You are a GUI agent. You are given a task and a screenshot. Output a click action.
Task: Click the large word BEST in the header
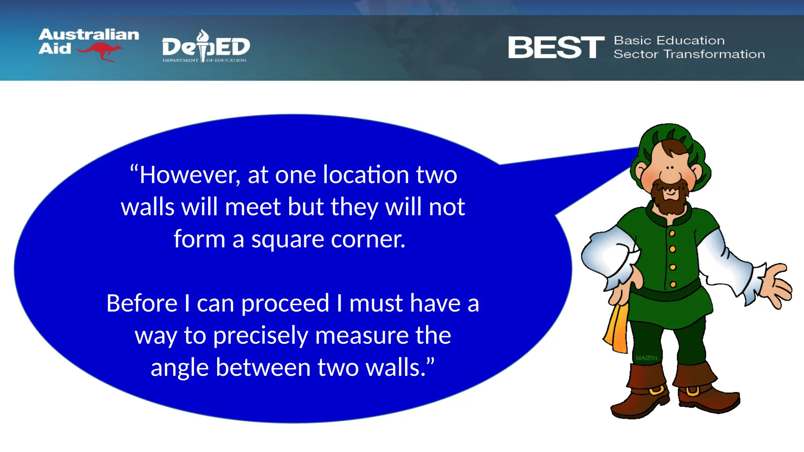point(556,47)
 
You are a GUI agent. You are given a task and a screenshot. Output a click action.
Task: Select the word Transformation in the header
point(714,54)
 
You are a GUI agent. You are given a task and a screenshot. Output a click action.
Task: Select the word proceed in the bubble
point(285,304)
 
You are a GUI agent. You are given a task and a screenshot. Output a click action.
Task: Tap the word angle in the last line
point(179,368)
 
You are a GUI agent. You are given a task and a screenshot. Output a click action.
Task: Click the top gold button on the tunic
point(672,233)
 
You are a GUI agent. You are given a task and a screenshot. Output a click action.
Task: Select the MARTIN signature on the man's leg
point(646,358)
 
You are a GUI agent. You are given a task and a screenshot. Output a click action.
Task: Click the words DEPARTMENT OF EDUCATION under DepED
point(205,60)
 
